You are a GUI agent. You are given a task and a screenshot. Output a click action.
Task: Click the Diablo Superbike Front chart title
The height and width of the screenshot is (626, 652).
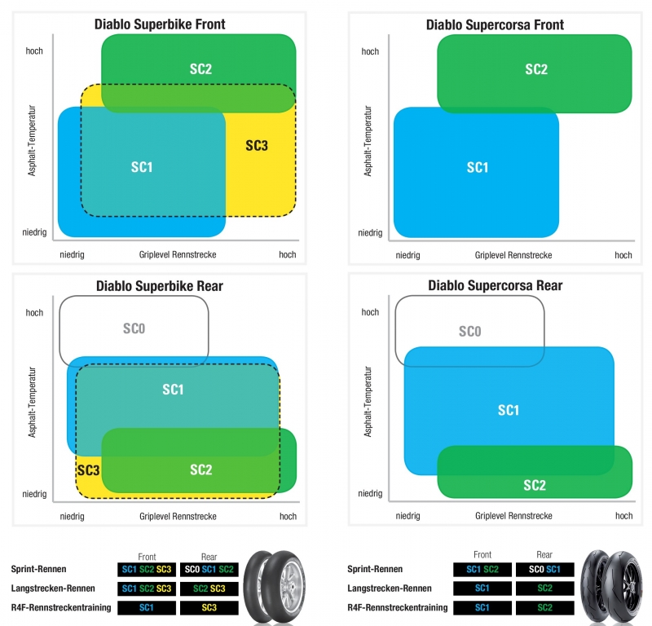(x=160, y=24)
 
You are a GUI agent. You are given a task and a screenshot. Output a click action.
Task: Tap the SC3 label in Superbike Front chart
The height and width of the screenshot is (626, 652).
(x=257, y=146)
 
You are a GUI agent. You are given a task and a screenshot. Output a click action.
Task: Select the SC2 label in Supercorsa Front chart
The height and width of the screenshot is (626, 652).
(x=536, y=69)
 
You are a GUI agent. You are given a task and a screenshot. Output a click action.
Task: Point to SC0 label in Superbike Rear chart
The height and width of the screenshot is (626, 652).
(x=134, y=328)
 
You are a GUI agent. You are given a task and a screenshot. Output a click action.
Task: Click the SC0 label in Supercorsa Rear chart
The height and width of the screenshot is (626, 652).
(x=470, y=332)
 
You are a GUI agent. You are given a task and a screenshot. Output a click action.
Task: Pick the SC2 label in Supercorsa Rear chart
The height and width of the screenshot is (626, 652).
(x=535, y=486)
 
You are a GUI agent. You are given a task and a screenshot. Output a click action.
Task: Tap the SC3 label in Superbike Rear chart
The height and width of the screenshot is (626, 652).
(x=89, y=470)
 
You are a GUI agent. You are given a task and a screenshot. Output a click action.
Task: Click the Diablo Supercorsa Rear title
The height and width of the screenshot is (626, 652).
(x=496, y=286)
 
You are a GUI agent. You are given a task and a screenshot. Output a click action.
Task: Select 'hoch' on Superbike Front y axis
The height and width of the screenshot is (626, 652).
(x=34, y=51)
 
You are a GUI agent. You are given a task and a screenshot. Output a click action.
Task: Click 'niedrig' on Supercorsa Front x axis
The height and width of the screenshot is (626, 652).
(x=408, y=255)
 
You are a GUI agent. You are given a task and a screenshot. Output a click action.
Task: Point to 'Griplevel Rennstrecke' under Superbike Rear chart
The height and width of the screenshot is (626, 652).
(x=178, y=516)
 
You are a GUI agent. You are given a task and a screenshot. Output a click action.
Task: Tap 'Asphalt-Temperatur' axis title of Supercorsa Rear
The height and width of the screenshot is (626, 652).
(x=368, y=401)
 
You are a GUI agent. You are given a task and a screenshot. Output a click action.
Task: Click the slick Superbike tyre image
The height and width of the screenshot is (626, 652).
(x=275, y=587)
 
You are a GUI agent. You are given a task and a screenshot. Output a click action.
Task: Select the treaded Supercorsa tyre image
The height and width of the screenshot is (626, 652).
(x=612, y=587)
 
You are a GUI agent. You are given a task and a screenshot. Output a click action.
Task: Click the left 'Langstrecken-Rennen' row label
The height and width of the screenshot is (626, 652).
(x=53, y=589)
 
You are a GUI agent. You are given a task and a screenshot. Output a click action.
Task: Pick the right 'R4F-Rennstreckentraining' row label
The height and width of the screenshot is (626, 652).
(x=398, y=608)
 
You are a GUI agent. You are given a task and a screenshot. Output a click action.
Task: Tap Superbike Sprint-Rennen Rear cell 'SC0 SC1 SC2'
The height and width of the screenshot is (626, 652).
(x=209, y=570)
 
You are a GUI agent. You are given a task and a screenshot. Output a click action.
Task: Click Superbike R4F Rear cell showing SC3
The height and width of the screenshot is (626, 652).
(x=209, y=608)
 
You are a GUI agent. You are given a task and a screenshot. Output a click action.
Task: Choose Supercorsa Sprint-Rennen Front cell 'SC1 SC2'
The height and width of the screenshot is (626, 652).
(x=482, y=570)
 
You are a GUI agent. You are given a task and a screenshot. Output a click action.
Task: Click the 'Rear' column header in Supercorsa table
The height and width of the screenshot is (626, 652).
(x=544, y=554)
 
